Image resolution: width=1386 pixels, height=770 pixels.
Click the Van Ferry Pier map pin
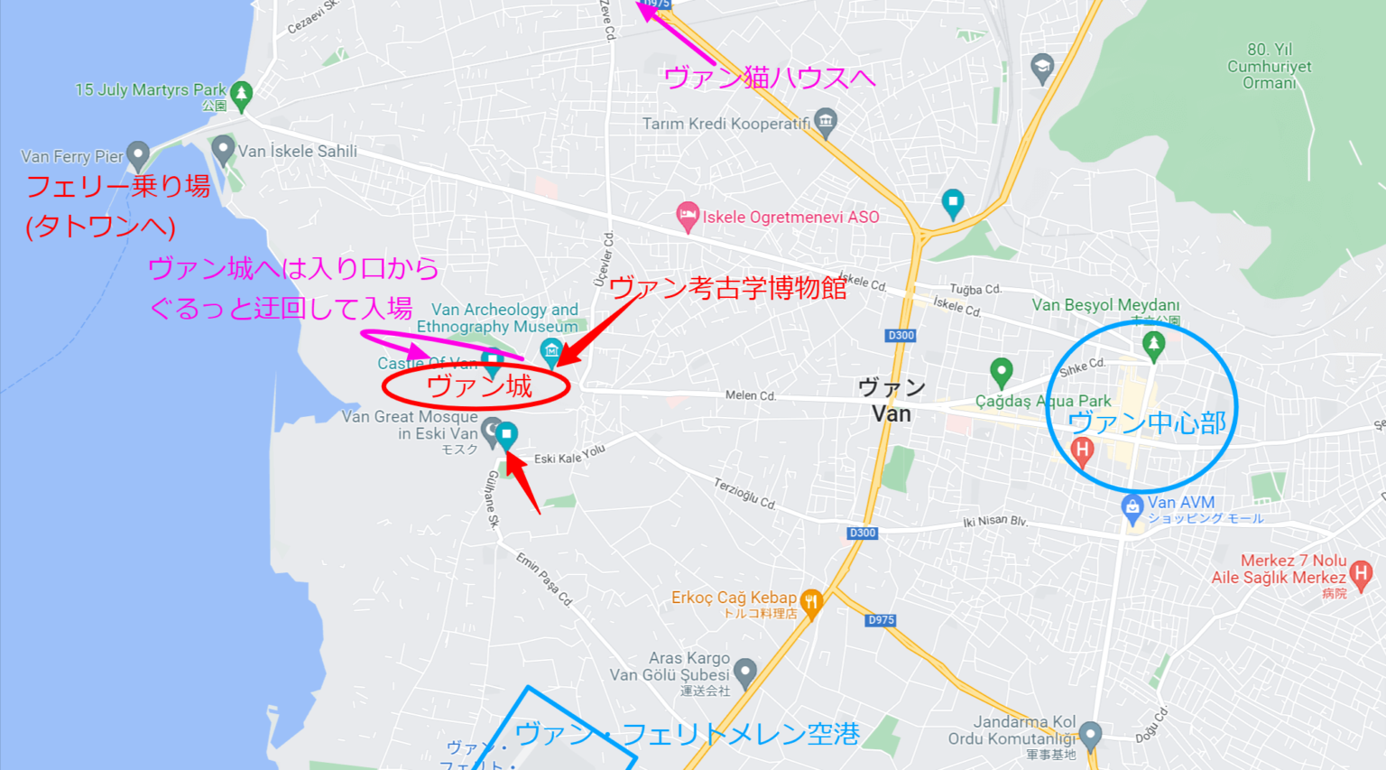tap(137, 155)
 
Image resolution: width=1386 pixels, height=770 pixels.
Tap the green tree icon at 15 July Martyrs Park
tap(241, 94)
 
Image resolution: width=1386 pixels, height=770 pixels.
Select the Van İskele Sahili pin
tap(223, 149)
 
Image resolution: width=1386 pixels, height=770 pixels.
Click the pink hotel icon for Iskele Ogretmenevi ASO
tap(688, 217)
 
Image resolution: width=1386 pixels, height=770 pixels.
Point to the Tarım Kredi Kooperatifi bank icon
tap(825, 121)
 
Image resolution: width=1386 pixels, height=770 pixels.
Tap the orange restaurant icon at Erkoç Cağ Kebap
tap(811, 602)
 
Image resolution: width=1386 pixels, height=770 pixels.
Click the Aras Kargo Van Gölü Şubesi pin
tap(744, 672)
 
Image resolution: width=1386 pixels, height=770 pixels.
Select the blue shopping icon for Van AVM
tap(1132, 506)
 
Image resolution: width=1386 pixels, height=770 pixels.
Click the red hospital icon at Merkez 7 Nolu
tap(1361, 571)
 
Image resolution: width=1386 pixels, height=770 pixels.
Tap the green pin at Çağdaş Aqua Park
tap(1001, 371)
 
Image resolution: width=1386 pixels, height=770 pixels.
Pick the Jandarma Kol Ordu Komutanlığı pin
tap(1090, 734)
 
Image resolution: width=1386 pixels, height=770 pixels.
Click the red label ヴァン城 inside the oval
tap(478, 386)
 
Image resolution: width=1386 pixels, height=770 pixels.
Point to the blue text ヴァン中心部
tap(1146, 422)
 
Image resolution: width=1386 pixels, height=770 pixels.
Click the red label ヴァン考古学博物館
tap(727, 288)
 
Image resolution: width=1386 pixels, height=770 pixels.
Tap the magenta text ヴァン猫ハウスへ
tap(769, 78)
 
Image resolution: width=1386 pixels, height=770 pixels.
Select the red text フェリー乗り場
tap(118, 186)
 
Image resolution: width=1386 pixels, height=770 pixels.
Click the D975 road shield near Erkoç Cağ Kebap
tap(880, 620)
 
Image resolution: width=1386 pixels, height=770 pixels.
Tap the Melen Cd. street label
tap(750, 395)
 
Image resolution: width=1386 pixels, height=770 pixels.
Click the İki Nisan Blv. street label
tap(994, 522)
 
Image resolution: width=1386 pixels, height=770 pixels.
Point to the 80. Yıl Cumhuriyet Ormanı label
tap(1270, 66)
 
